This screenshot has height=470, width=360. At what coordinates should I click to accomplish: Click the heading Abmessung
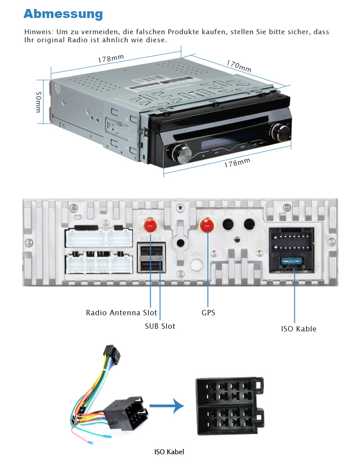coord(63,14)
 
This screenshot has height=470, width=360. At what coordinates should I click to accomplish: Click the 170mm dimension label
coord(238,66)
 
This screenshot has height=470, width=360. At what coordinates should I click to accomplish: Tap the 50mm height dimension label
coord(39,102)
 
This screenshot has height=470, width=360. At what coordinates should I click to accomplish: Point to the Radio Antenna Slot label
coord(121,313)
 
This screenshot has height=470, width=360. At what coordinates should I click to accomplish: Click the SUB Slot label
coord(160,326)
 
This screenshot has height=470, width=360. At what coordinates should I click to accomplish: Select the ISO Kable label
coord(299,329)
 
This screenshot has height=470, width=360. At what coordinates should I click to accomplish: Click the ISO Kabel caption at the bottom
coord(169,452)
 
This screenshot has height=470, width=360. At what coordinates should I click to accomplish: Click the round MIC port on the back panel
coord(197,265)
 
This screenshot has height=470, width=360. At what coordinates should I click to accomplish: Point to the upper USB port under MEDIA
coord(151,251)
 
